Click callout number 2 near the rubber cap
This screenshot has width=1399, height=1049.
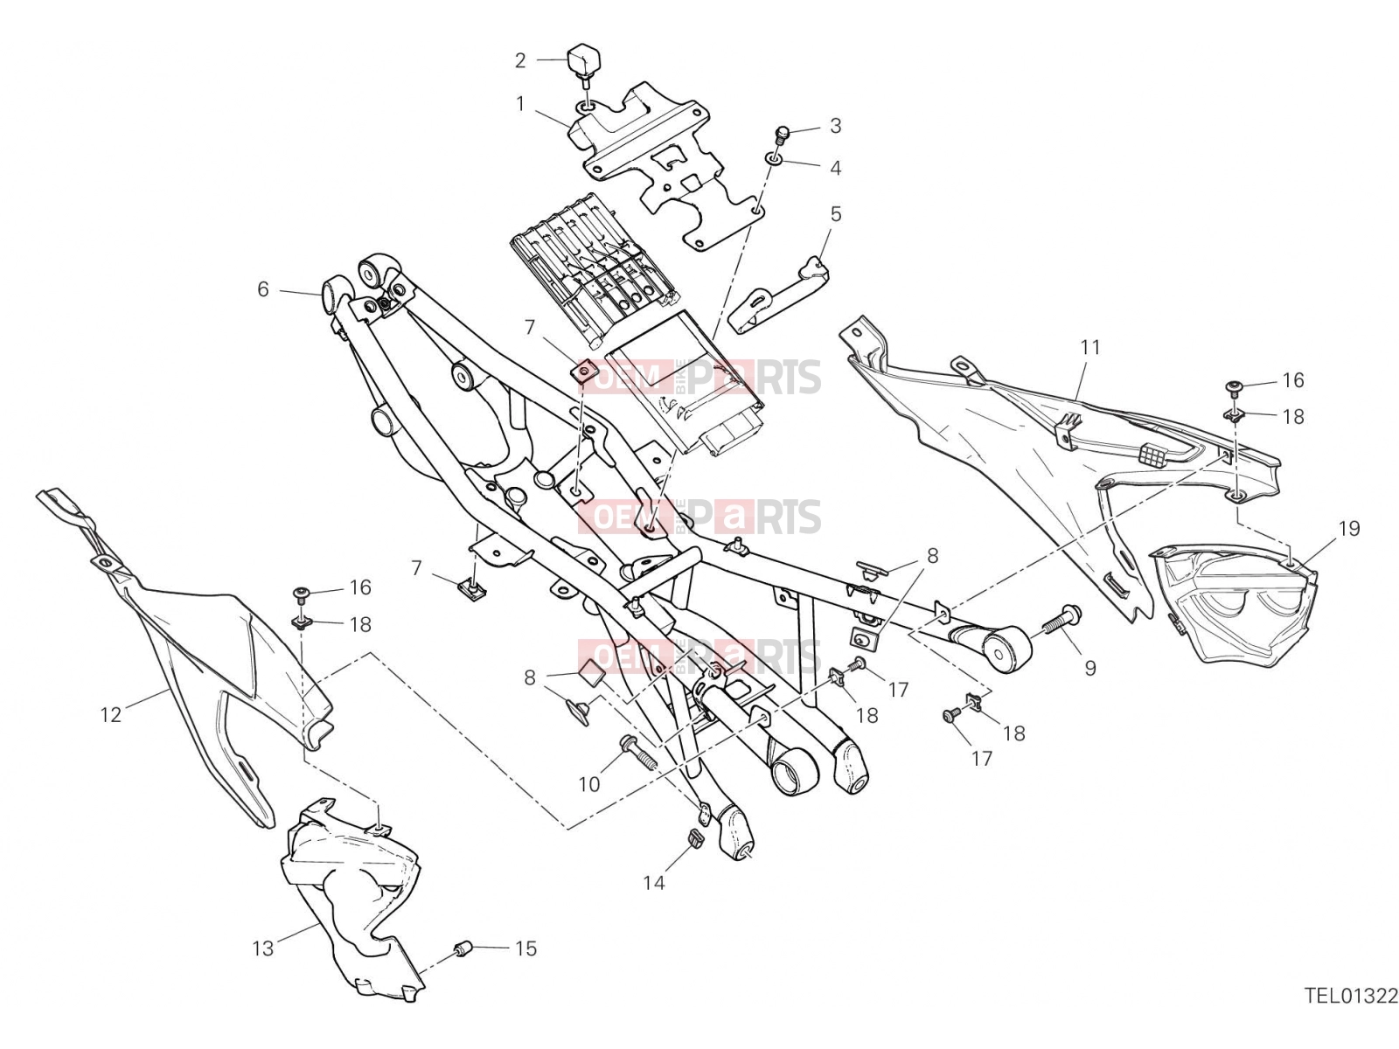[x=519, y=60]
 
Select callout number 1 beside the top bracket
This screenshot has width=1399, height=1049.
[x=520, y=103]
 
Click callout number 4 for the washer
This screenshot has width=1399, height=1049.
[x=835, y=168]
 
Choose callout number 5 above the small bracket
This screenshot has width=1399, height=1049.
[x=836, y=214]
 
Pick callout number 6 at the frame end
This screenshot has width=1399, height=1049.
[x=263, y=289]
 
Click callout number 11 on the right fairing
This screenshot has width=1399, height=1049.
[x=1089, y=347]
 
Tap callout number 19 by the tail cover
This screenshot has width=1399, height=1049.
[x=1349, y=528]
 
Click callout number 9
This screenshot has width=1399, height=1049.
[x=1089, y=668]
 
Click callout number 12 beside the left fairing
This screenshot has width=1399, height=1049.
[x=110, y=714]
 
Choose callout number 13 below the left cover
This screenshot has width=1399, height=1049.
[x=262, y=948]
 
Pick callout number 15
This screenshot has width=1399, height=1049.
[x=525, y=948]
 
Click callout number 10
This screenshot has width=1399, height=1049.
[x=589, y=784]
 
